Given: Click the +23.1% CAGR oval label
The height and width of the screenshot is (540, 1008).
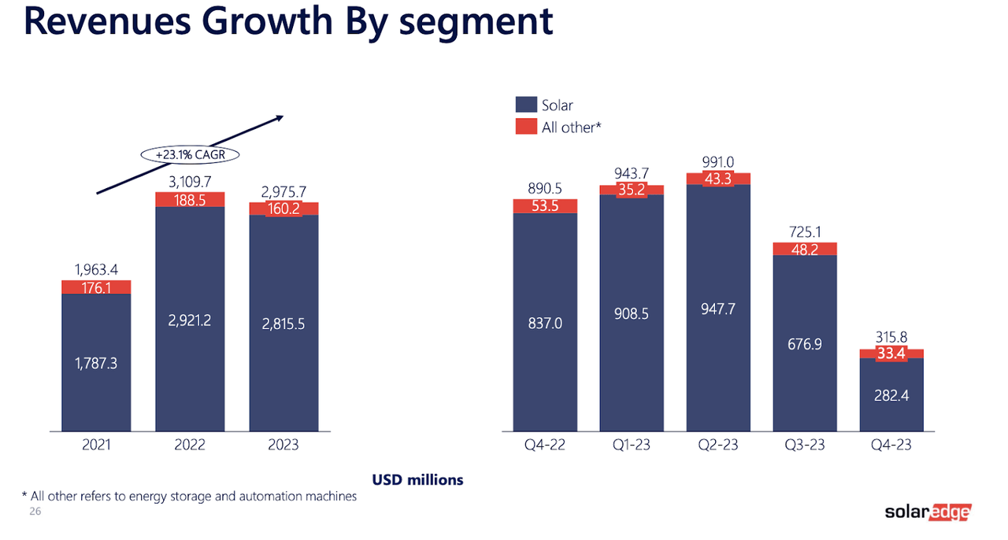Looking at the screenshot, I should pyautogui.click(x=190, y=155).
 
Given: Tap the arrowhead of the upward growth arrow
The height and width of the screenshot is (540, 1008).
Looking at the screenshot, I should pyautogui.click(x=279, y=118).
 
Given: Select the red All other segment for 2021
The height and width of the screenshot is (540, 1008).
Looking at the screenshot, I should pyautogui.click(x=96, y=287).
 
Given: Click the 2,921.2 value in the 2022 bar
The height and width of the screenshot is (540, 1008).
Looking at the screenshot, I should pyautogui.click(x=189, y=320).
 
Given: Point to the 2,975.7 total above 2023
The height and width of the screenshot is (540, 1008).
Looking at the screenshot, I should pyautogui.click(x=283, y=191).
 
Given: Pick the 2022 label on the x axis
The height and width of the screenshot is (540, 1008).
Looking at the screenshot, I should pyautogui.click(x=189, y=445).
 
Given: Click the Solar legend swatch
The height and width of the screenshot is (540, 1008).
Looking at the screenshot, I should pyautogui.click(x=526, y=105).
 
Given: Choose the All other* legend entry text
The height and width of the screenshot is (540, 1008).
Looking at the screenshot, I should pyautogui.click(x=571, y=127).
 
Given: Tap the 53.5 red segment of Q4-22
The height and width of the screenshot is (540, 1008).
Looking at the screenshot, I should pyautogui.click(x=545, y=206).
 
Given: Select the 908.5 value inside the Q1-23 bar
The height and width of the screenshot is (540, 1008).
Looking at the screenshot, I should pyautogui.click(x=632, y=313).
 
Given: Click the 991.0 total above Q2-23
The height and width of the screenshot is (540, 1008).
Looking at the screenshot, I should pyautogui.click(x=718, y=162).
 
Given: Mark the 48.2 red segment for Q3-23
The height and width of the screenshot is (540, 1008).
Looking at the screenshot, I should pyautogui.click(x=805, y=249).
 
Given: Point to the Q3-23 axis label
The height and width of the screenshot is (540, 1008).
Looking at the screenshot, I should pyautogui.click(x=805, y=445).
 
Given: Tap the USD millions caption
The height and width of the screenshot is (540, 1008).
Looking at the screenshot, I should pyautogui.click(x=417, y=479).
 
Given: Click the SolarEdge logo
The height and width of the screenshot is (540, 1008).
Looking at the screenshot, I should pyautogui.click(x=928, y=512).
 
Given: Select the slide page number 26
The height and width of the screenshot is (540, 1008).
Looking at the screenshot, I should pyautogui.click(x=35, y=512).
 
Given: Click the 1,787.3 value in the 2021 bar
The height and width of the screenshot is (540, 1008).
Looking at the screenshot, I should pyautogui.click(x=96, y=364).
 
